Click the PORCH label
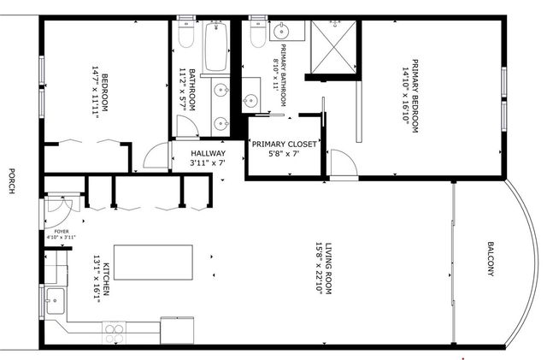tap(11, 180)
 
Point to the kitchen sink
tap(54, 300)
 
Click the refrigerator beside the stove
tap(177, 328)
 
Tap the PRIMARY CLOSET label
tap(284, 145)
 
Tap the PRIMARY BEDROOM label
tap(415, 94)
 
